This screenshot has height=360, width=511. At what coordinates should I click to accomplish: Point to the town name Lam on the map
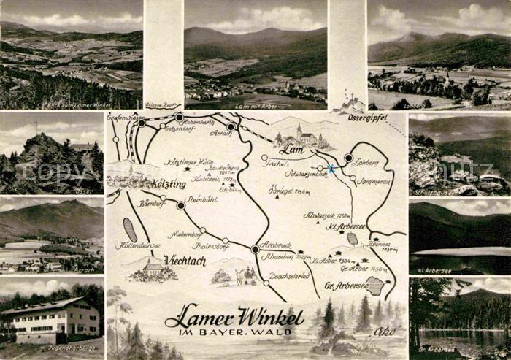292,150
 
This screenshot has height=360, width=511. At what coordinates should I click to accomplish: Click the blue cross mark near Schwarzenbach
331,169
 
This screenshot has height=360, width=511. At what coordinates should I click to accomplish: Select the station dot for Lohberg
348,158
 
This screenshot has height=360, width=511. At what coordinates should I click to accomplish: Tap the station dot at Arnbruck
255,249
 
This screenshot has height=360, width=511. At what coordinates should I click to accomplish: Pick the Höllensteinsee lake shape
130,229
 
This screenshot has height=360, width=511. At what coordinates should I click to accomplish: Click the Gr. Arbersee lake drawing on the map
375,286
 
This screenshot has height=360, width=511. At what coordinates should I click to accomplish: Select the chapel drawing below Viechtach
153,271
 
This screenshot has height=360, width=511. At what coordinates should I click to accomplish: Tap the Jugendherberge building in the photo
51,319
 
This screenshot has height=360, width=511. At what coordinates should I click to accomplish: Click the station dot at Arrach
231,126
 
